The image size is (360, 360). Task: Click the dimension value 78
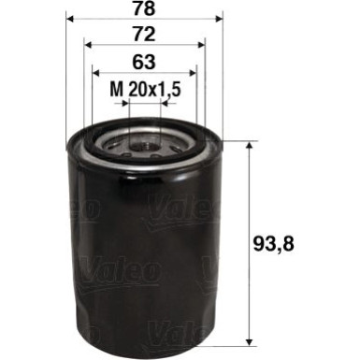coord(143,8)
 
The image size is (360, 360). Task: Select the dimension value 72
coord(143,36)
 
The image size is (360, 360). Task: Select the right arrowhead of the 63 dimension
coord(193,73)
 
